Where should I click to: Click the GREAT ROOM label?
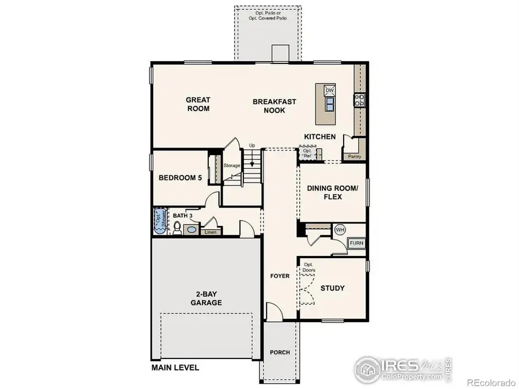pyautogui.click(x=198, y=104)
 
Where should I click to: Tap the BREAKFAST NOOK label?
pyautogui.click(x=274, y=106)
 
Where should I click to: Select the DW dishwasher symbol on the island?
pyautogui.click(x=330, y=90)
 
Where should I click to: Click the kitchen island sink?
pyautogui.click(x=330, y=104)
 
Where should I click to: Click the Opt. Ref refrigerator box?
pyautogui.click(x=307, y=154)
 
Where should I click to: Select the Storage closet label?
pyautogui.click(x=232, y=166)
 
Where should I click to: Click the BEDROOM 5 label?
pyautogui.click(x=180, y=178)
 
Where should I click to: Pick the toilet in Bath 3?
pyautogui.click(x=177, y=229)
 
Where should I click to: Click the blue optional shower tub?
pyautogui.click(x=159, y=221)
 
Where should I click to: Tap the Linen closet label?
pyautogui.click(x=210, y=232)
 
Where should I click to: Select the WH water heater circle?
pyautogui.click(x=340, y=229)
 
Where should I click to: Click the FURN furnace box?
pyautogui.click(x=357, y=243)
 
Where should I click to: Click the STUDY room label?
pyautogui.click(x=333, y=288)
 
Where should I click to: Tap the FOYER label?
pyautogui.click(x=280, y=276)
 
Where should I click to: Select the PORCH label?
pyautogui.click(x=280, y=353)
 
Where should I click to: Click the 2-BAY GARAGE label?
pyautogui.click(x=206, y=297)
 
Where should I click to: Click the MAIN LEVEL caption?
pyautogui.click(x=175, y=367)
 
